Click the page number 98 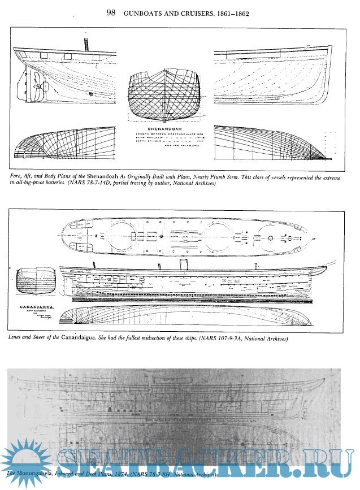(x=112, y=12)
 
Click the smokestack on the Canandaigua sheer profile (x=182, y=264)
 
